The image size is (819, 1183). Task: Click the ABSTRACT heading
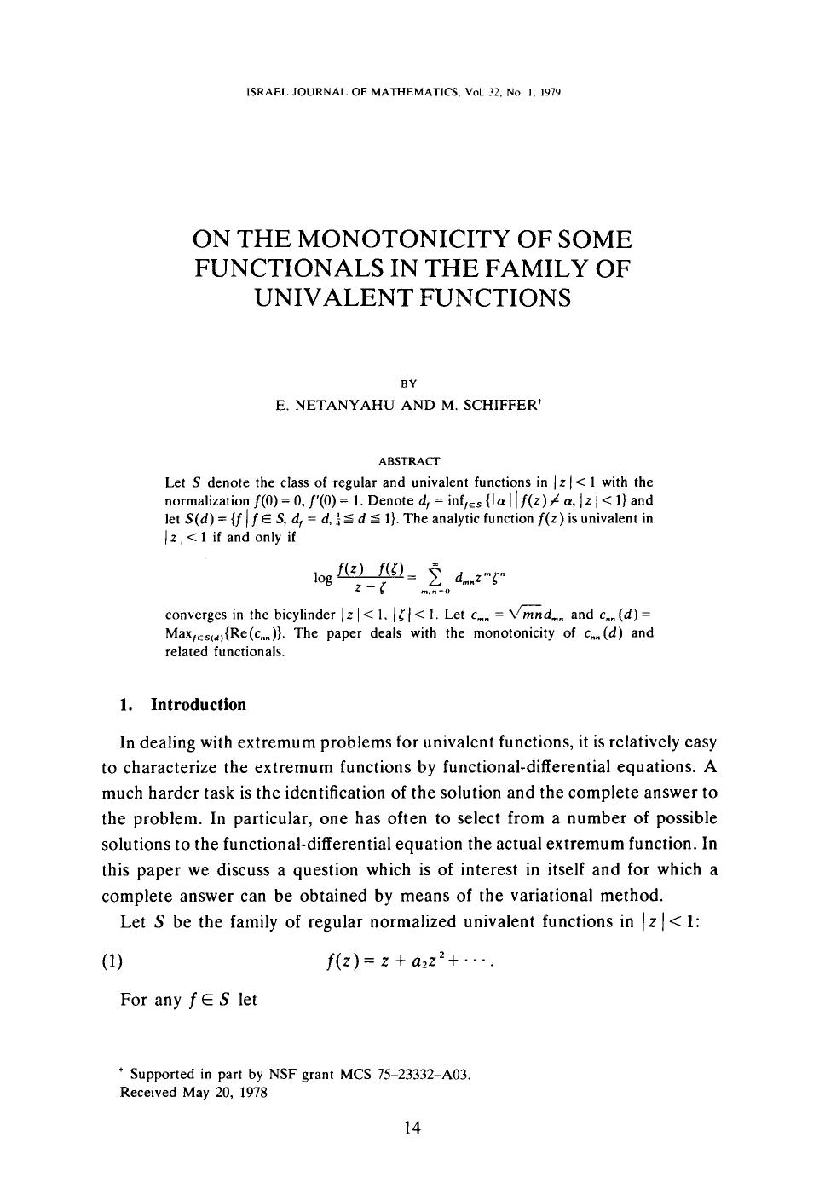[408, 461]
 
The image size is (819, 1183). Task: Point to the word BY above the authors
[409, 383]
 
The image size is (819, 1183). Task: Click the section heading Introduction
[198, 705]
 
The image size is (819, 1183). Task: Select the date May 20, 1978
[225, 1092]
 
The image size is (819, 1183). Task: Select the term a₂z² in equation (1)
[424, 963]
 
